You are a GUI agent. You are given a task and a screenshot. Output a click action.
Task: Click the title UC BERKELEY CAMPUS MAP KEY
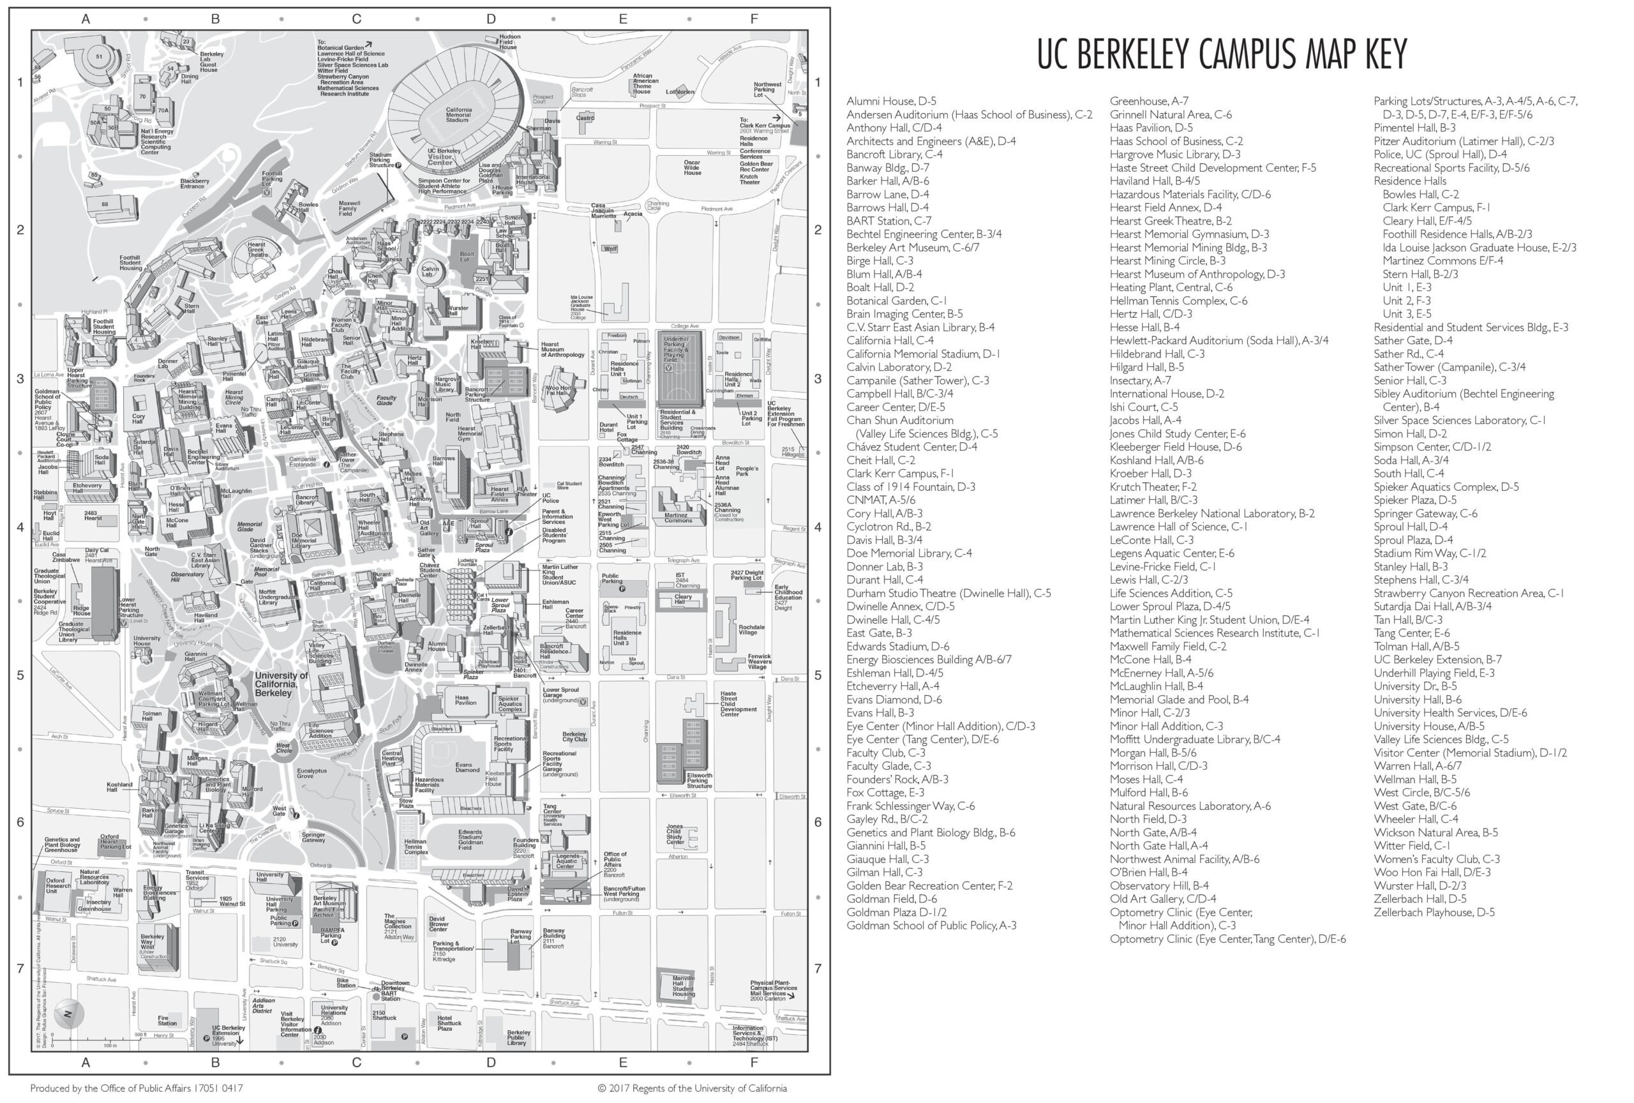pos(1221,54)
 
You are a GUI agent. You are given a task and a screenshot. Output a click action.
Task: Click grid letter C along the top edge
pos(356,19)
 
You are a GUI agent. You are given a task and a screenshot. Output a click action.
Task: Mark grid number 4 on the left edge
pos(20,527)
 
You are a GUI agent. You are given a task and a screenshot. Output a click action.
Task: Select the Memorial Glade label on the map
pos(250,527)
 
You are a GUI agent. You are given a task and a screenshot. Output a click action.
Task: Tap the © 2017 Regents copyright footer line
pos(691,1088)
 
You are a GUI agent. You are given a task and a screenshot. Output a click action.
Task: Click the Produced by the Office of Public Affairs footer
pos(137,1088)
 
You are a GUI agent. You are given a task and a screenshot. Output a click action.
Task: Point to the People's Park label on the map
pos(747,471)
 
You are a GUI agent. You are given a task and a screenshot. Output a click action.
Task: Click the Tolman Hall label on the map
pos(152,716)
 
